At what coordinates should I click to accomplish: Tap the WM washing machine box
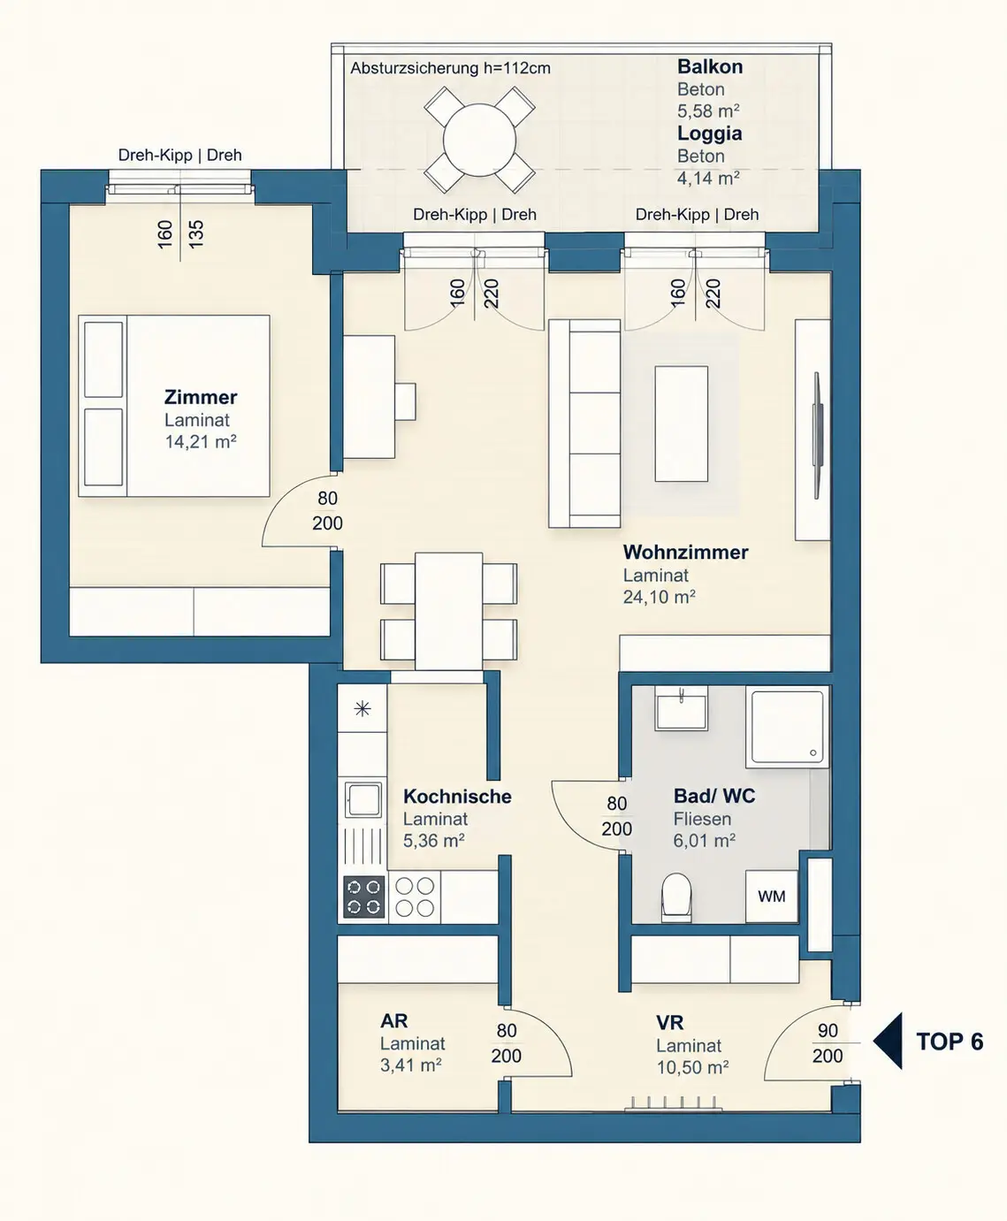[x=771, y=896]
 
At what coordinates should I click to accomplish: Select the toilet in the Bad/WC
[x=676, y=898]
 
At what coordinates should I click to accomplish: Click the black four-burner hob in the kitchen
[x=363, y=896]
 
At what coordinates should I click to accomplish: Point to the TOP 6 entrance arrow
[x=888, y=1041]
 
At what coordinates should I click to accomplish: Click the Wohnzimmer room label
[x=685, y=552]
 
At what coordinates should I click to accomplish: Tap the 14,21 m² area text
[x=200, y=441]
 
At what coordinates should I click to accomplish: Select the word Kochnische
[x=457, y=796]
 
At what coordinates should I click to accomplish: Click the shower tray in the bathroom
[x=787, y=727]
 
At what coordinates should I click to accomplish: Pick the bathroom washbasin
[x=682, y=708]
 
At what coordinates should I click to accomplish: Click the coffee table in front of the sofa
[x=682, y=424]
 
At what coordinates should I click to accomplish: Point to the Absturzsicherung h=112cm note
[x=450, y=68]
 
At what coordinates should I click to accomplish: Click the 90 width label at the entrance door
[x=828, y=1030]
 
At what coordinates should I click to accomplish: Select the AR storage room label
[x=393, y=1021]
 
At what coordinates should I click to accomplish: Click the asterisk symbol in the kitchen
[x=362, y=709]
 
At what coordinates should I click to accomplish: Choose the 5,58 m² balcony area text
[x=708, y=111]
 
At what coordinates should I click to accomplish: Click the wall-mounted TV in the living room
[x=818, y=435]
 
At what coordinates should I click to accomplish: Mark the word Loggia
[x=709, y=134]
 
